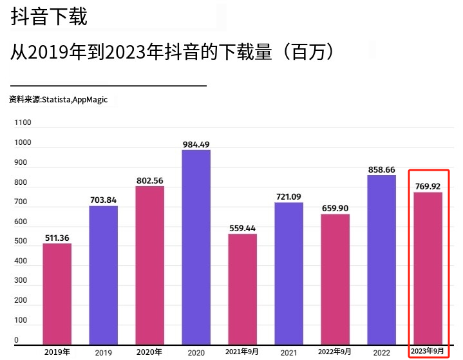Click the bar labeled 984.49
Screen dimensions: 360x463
click(x=196, y=247)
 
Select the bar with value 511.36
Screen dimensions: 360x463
click(x=57, y=294)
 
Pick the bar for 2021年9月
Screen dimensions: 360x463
click(x=242, y=289)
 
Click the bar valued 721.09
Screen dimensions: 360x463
click(x=288, y=273)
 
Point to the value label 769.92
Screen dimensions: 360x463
click(x=428, y=187)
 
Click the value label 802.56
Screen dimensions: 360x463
click(x=149, y=181)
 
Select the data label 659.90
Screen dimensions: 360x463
click(x=335, y=209)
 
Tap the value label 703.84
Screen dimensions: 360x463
click(x=103, y=200)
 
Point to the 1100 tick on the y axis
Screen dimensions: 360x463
click(x=23, y=122)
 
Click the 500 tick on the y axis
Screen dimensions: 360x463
click(x=21, y=242)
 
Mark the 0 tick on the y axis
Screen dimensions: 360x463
click(x=17, y=340)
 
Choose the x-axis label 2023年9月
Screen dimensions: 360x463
click(x=428, y=351)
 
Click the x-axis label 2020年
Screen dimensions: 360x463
click(x=149, y=352)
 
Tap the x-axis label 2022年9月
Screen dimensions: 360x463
click(x=335, y=352)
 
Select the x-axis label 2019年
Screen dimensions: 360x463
click(x=57, y=352)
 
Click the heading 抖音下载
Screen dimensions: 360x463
click(x=49, y=17)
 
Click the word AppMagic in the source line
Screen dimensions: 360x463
click(x=90, y=100)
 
